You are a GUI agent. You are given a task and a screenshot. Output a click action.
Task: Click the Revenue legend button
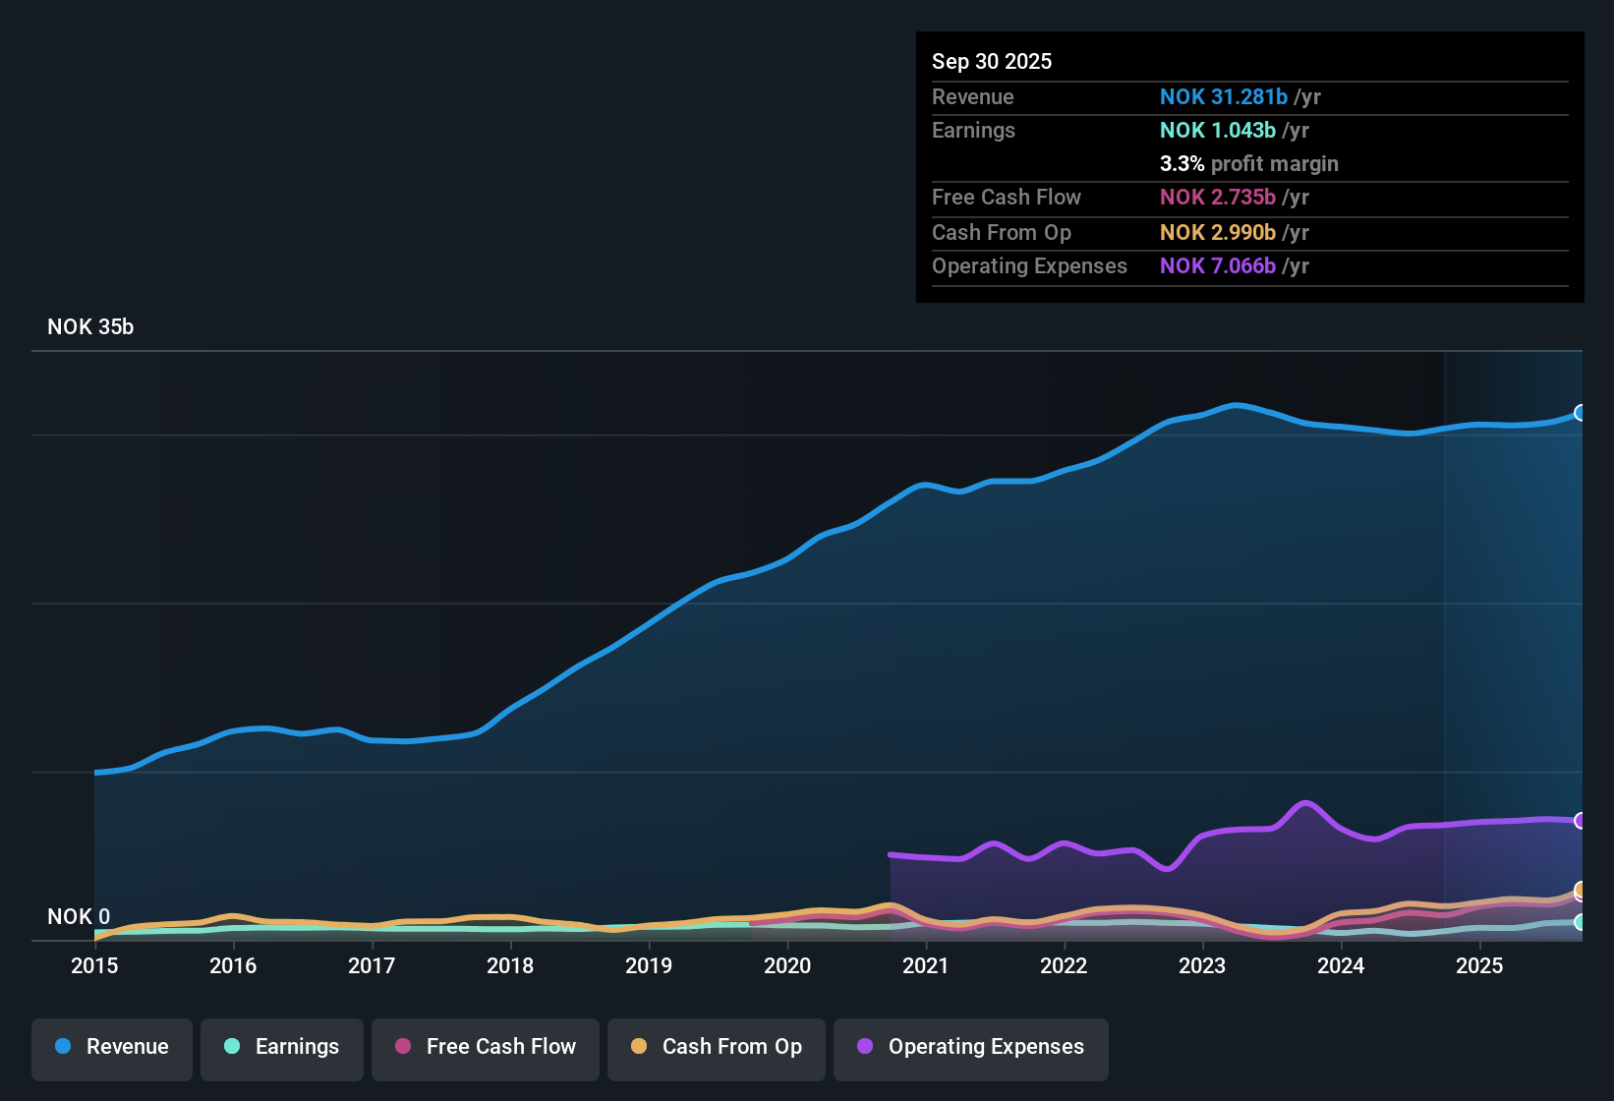(x=112, y=1047)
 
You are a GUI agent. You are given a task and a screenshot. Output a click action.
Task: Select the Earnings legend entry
(x=282, y=1047)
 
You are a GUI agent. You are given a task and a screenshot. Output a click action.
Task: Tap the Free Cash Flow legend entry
(x=486, y=1047)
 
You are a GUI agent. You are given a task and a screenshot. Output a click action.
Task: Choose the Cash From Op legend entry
(x=717, y=1047)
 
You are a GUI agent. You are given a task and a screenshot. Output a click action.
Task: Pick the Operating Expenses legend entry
(x=971, y=1047)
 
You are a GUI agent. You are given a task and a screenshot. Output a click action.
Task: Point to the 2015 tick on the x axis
(x=94, y=965)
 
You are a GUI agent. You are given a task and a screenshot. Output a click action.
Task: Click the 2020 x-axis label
(x=787, y=965)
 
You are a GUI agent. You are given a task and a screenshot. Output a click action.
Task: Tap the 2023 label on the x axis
(x=1202, y=965)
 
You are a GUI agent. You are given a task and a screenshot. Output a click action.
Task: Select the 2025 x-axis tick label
(x=1479, y=965)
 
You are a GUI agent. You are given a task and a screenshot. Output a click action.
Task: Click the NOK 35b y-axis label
(x=90, y=327)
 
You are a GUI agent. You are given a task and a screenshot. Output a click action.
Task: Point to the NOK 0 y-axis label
(x=79, y=916)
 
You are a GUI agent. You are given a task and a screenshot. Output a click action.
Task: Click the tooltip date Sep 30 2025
(x=992, y=62)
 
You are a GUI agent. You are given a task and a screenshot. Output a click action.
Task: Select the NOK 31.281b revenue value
(x=1223, y=97)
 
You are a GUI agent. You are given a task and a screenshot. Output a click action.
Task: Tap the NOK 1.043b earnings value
(x=1217, y=131)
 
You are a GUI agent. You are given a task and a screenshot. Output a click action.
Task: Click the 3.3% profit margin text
(x=1248, y=164)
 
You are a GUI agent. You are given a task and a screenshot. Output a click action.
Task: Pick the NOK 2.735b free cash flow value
(x=1217, y=198)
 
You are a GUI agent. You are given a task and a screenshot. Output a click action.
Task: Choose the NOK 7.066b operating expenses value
(x=1217, y=266)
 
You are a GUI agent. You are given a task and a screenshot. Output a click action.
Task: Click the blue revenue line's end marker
(x=1580, y=413)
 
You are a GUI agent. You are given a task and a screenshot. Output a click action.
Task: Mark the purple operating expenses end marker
(x=1580, y=821)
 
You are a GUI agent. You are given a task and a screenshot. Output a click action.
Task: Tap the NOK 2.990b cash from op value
(x=1217, y=233)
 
